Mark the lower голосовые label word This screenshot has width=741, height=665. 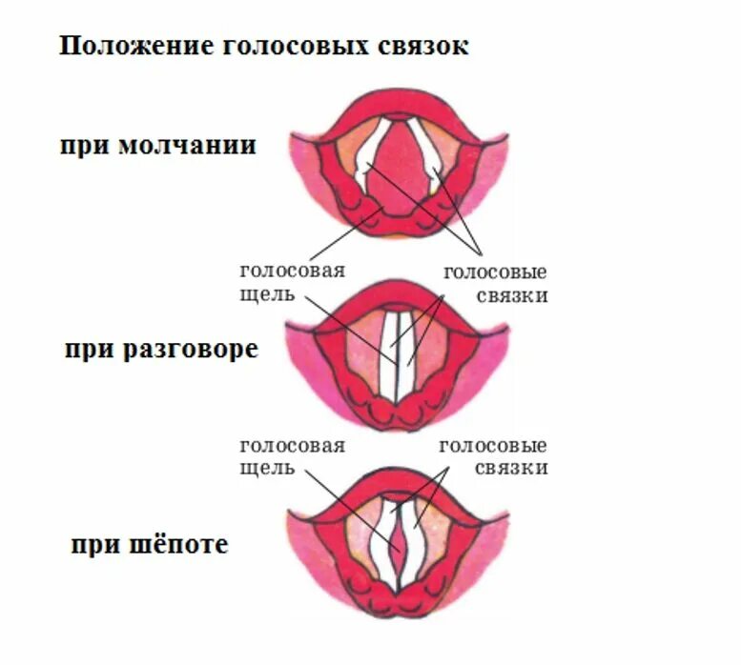coord(493,446)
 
